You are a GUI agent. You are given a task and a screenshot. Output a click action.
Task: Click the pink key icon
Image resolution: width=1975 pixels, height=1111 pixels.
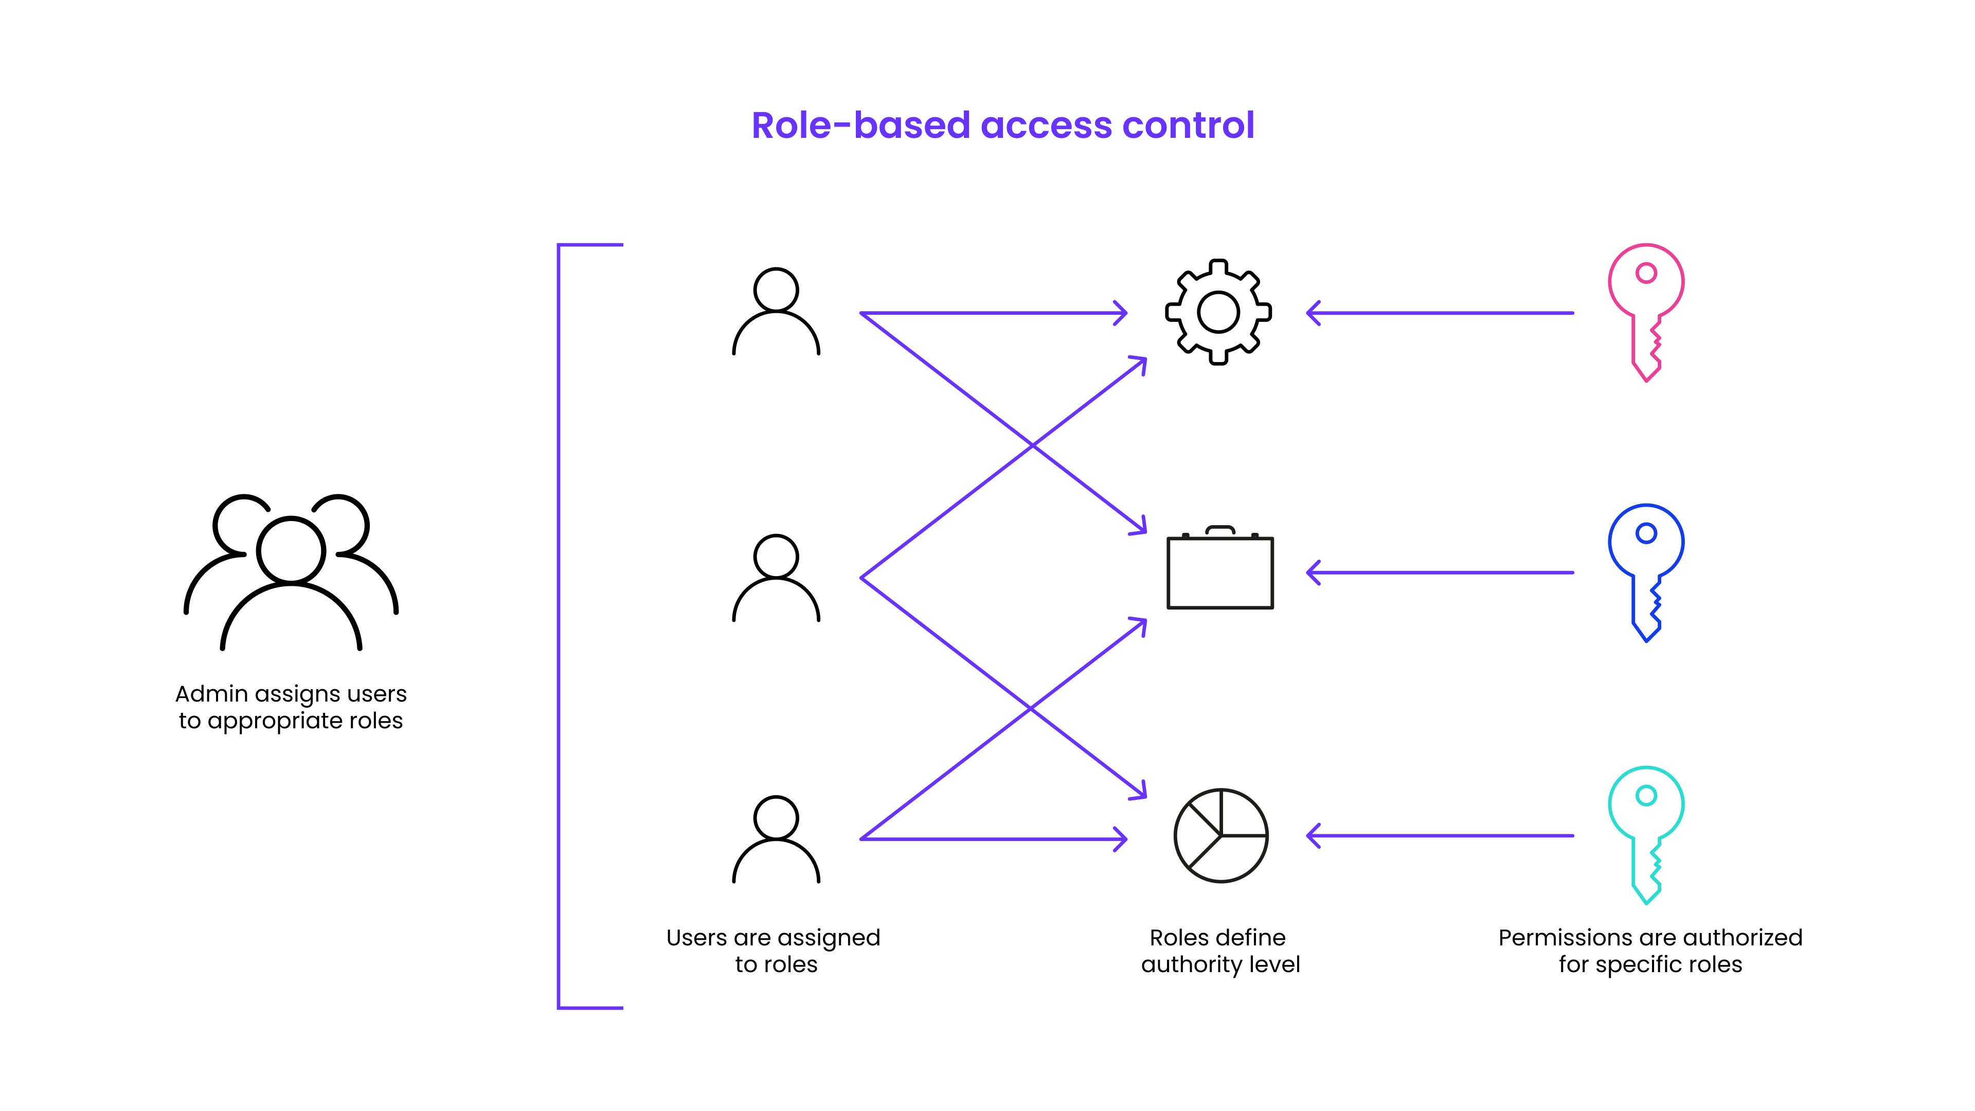click(1645, 307)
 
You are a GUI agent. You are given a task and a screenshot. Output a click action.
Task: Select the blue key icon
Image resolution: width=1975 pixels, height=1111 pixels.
click(1645, 567)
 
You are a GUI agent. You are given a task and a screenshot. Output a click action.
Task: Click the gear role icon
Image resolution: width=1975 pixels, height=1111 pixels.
click(1218, 312)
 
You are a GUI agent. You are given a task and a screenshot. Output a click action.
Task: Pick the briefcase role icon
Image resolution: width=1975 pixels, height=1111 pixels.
click(1220, 571)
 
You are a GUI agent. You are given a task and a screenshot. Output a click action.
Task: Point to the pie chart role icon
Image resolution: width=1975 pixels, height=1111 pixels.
click(1220, 835)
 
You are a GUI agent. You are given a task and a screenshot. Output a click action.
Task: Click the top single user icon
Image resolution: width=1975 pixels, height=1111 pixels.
click(776, 311)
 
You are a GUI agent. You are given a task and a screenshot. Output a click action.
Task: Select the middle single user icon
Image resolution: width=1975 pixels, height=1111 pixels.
click(776, 577)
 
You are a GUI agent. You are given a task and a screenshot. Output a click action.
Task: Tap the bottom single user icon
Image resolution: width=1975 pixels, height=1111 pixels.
click(776, 839)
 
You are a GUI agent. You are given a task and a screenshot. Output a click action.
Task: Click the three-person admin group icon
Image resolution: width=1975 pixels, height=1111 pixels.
click(291, 571)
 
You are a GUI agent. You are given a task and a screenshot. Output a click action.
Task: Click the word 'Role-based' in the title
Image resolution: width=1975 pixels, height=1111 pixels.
click(860, 125)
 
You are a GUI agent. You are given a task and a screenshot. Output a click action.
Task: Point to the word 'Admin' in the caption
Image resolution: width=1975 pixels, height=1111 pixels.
click(211, 693)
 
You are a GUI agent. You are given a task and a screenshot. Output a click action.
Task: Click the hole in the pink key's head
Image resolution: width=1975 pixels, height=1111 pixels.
click(1646, 273)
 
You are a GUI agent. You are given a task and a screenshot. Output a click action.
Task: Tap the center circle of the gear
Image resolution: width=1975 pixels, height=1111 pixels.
click(1218, 312)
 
